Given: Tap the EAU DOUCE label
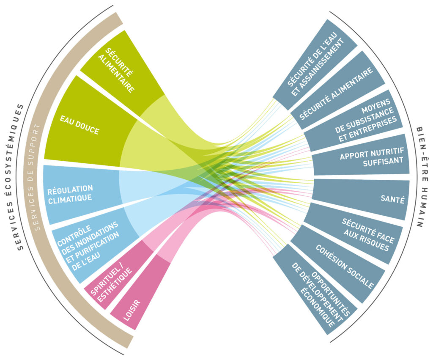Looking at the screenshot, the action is click(x=79, y=125).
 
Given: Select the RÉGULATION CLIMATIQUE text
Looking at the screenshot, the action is click(x=70, y=194).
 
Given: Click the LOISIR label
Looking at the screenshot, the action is click(x=132, y=310).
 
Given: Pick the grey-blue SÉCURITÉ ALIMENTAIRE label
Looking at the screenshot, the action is click(x=336, y=94).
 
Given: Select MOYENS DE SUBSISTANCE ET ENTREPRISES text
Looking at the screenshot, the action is click(x=366, y=120).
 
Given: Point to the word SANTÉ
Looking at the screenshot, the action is click(x=392, y=199).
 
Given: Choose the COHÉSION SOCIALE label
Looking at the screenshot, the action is click(x=345, y=266).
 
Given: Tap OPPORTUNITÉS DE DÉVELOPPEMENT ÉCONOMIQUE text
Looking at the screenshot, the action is click(x=321, y=294).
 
